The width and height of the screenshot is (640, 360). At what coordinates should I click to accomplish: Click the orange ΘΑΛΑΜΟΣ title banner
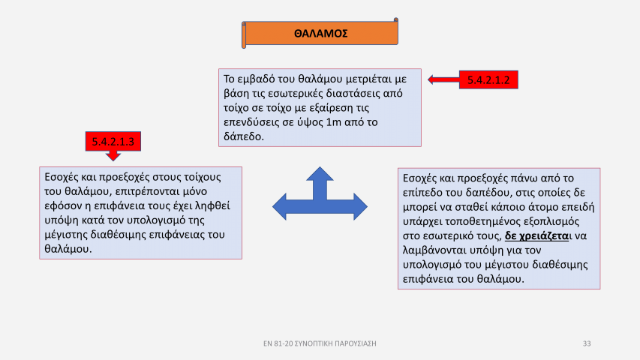pos(320,33)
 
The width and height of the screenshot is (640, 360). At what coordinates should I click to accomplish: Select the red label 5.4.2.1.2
pos(488,79)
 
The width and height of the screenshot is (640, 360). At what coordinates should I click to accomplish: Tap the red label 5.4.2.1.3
pos(113,141)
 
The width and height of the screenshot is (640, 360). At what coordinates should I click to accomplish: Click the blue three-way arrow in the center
pos(320,196)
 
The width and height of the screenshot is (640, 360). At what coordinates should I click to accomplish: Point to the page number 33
pos(587,343)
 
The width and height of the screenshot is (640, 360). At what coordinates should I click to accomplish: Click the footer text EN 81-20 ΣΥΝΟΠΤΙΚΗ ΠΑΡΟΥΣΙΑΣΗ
pos(320,343)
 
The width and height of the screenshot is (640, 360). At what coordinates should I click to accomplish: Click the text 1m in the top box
pos(333,122)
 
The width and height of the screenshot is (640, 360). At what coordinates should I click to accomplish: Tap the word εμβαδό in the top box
pos(254,79)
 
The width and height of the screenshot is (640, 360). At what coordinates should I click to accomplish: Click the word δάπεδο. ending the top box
pos(244,136)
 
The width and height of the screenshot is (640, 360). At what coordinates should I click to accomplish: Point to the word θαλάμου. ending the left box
pos(68,248)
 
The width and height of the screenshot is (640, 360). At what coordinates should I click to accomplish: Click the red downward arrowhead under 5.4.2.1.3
pos(113,155)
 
